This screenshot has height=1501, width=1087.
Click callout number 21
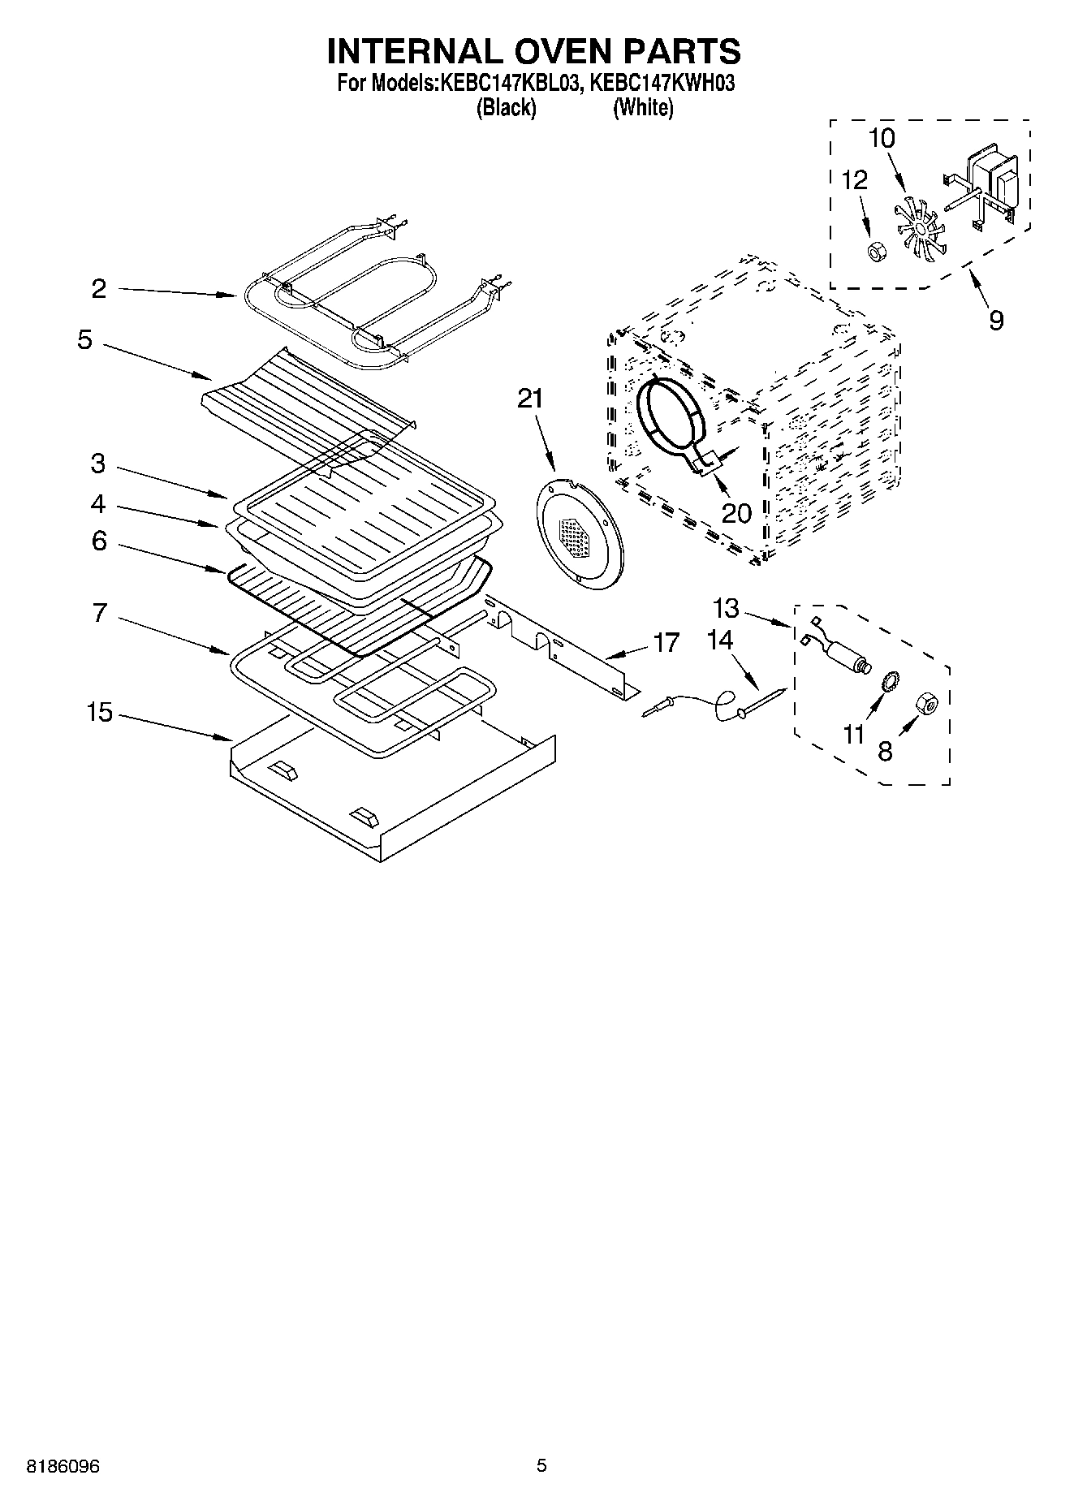tap(530, 399)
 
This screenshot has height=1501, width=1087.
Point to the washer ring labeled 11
tap(889, 681)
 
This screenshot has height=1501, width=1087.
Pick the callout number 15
tap(99, 713)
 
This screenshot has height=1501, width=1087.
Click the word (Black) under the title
tap(506, 107)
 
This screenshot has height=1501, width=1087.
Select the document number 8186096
tap(63, 1467)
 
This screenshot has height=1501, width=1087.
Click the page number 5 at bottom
tap(542, 1466)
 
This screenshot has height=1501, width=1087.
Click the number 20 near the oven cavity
tap(736, 513)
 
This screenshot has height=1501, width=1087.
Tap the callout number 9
tap(996, 320)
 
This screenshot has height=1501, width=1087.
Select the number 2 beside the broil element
tap(99, 289)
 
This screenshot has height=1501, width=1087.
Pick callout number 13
tap(727, 607)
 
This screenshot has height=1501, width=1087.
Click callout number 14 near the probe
tap(720, 641)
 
